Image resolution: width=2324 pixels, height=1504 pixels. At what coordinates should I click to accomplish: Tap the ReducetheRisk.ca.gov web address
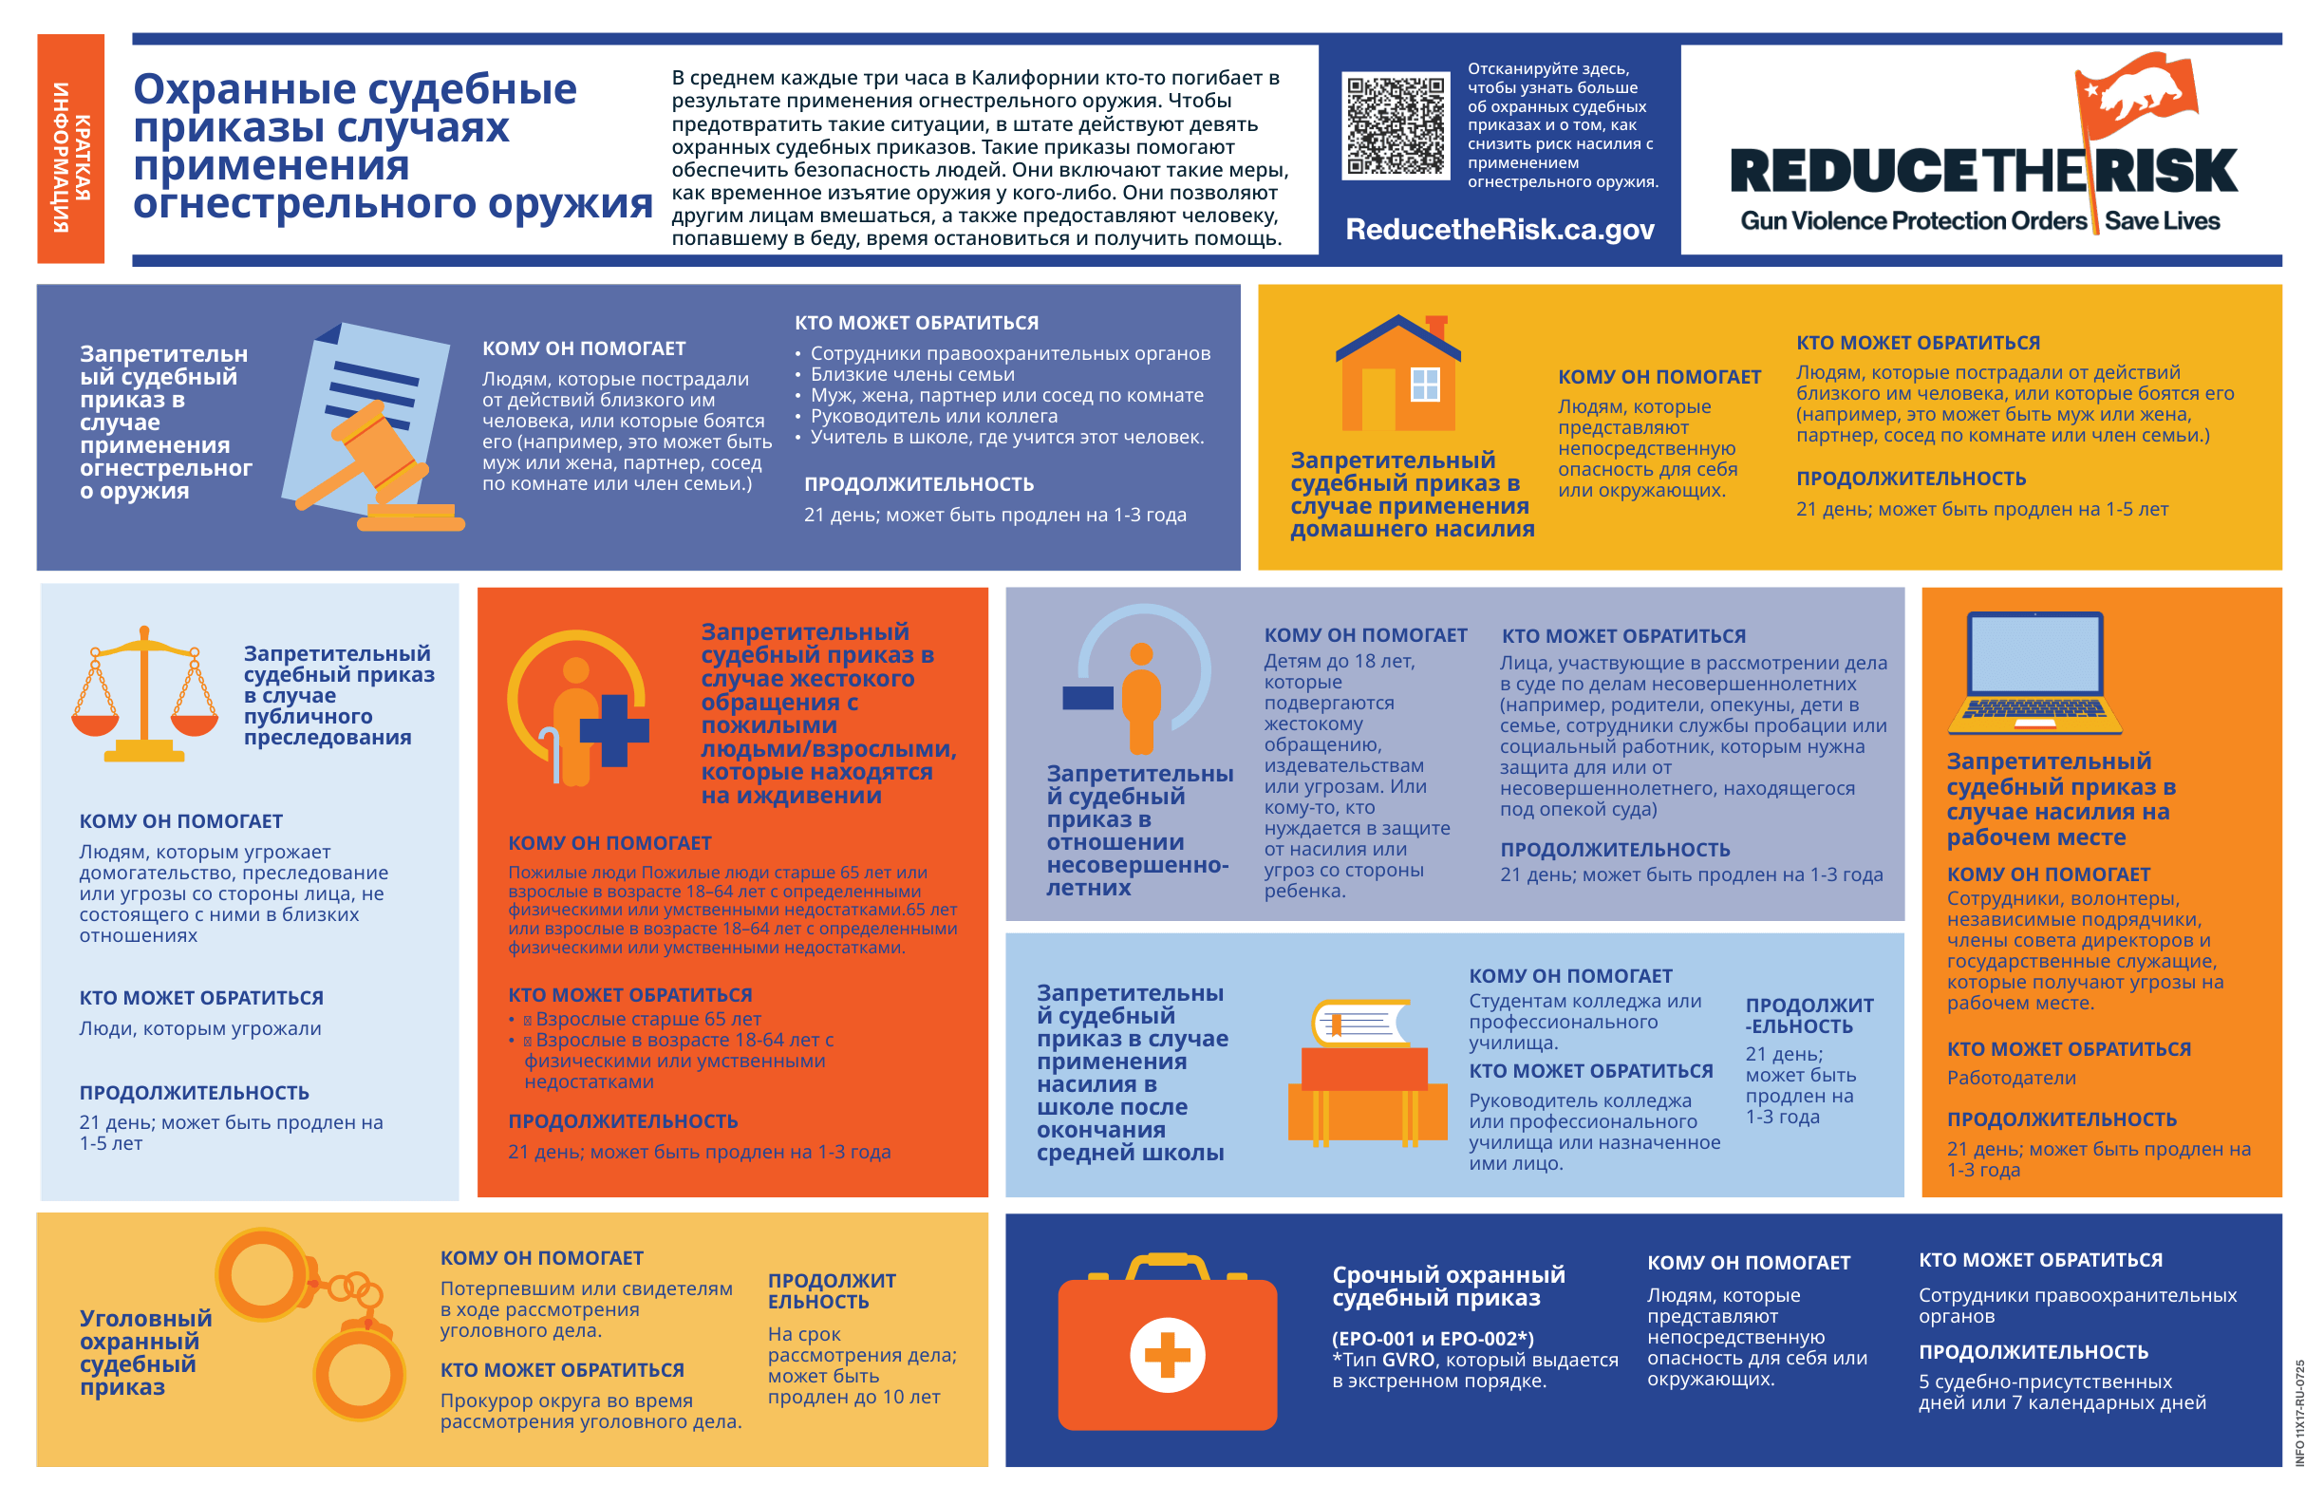[x=1499, y=230]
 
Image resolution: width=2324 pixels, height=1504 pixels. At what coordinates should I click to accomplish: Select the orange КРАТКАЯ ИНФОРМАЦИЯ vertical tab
[x=71, y=148]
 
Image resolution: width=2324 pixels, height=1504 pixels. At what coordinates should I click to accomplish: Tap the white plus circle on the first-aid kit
[x=1167, y=1355]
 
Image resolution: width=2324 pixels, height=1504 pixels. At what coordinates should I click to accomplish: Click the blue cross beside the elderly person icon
[x=614, y=729]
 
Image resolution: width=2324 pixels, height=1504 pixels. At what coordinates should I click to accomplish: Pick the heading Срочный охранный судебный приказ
[x=1448, y=1287]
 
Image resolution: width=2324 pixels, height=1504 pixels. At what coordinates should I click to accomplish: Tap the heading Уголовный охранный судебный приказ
[x=145, y=1353]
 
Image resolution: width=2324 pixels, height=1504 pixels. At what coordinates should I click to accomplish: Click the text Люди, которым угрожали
[x=200, y=1028]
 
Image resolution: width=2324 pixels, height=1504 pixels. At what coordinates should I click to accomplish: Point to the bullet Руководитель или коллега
[x=933, y=416]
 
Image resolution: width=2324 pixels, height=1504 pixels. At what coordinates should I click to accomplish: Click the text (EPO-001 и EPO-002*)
[x=1433, y=1338]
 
